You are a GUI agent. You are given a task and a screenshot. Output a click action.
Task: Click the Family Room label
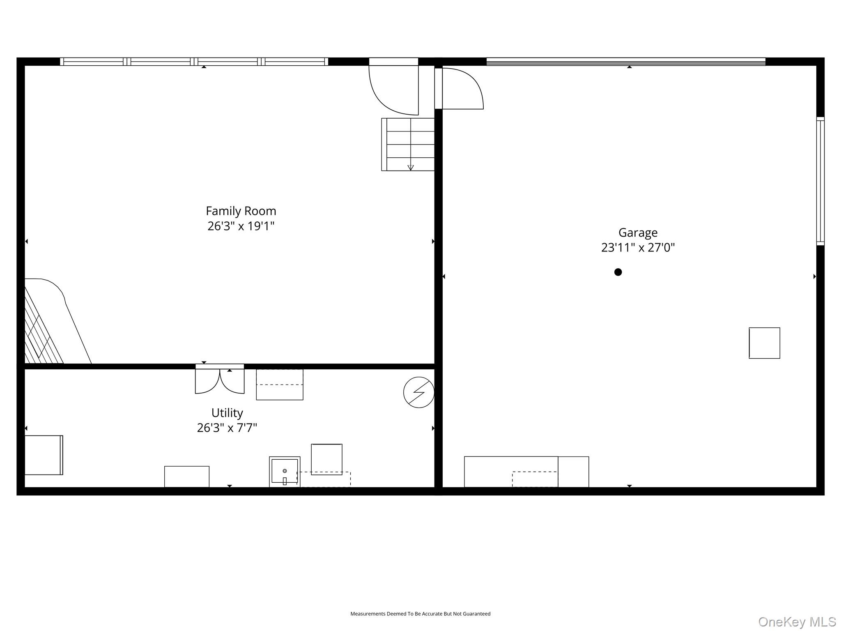click(x=241, y=211)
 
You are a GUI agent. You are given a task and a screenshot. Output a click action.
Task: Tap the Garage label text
click(x=638, y=233)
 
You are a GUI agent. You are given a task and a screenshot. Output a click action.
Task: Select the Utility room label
click(x=227, y=413)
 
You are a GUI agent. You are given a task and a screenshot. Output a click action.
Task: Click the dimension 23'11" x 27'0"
click(x=638, y=248)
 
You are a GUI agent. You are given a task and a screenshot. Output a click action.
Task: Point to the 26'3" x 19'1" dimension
click(x=241, y=226)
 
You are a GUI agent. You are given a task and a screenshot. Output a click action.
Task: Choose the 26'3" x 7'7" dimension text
click(x=227, y=428)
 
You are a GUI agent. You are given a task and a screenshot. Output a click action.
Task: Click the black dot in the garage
click(x=618, y=272)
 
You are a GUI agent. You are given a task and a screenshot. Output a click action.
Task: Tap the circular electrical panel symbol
click(x=419, y=392)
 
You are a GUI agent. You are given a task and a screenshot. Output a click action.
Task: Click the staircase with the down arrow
click(x=408, y=144)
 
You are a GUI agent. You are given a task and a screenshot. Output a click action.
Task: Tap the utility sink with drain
click(x=285, y=472)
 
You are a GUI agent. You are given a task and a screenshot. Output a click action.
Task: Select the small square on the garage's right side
click(x=764, y=343)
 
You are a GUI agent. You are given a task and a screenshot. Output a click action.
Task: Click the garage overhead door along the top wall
click(x=626, y=62)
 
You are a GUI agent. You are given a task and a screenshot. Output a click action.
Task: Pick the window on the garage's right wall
click(x=820, y=181)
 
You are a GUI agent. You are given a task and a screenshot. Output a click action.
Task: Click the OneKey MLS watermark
click(x=797, y=622)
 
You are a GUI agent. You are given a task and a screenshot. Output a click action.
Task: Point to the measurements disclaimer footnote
click(x=420, y=614)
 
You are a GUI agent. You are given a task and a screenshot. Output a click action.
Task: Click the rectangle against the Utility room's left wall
click(x=44, y=455)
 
